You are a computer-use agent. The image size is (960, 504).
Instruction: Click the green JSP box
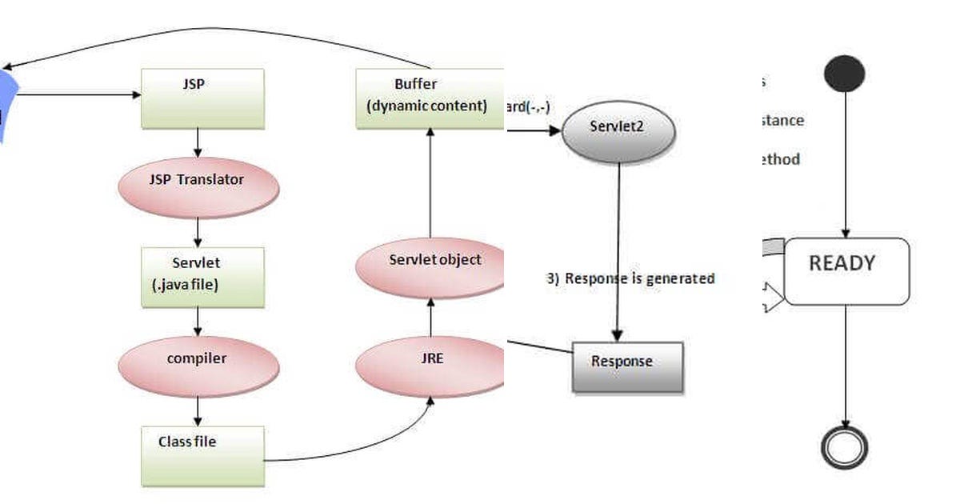coord(202,98)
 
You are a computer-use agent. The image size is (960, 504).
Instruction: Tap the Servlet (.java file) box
coord(202,277)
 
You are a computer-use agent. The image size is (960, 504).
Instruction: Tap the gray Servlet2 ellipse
coord(618,130)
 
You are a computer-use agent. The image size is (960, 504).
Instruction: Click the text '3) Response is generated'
coord(630,278)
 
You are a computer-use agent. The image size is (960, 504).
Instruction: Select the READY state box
coord(846,271)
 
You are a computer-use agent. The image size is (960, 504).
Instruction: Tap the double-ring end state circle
coord(845,446)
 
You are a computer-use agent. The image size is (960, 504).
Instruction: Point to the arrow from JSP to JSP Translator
coord(198,142)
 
